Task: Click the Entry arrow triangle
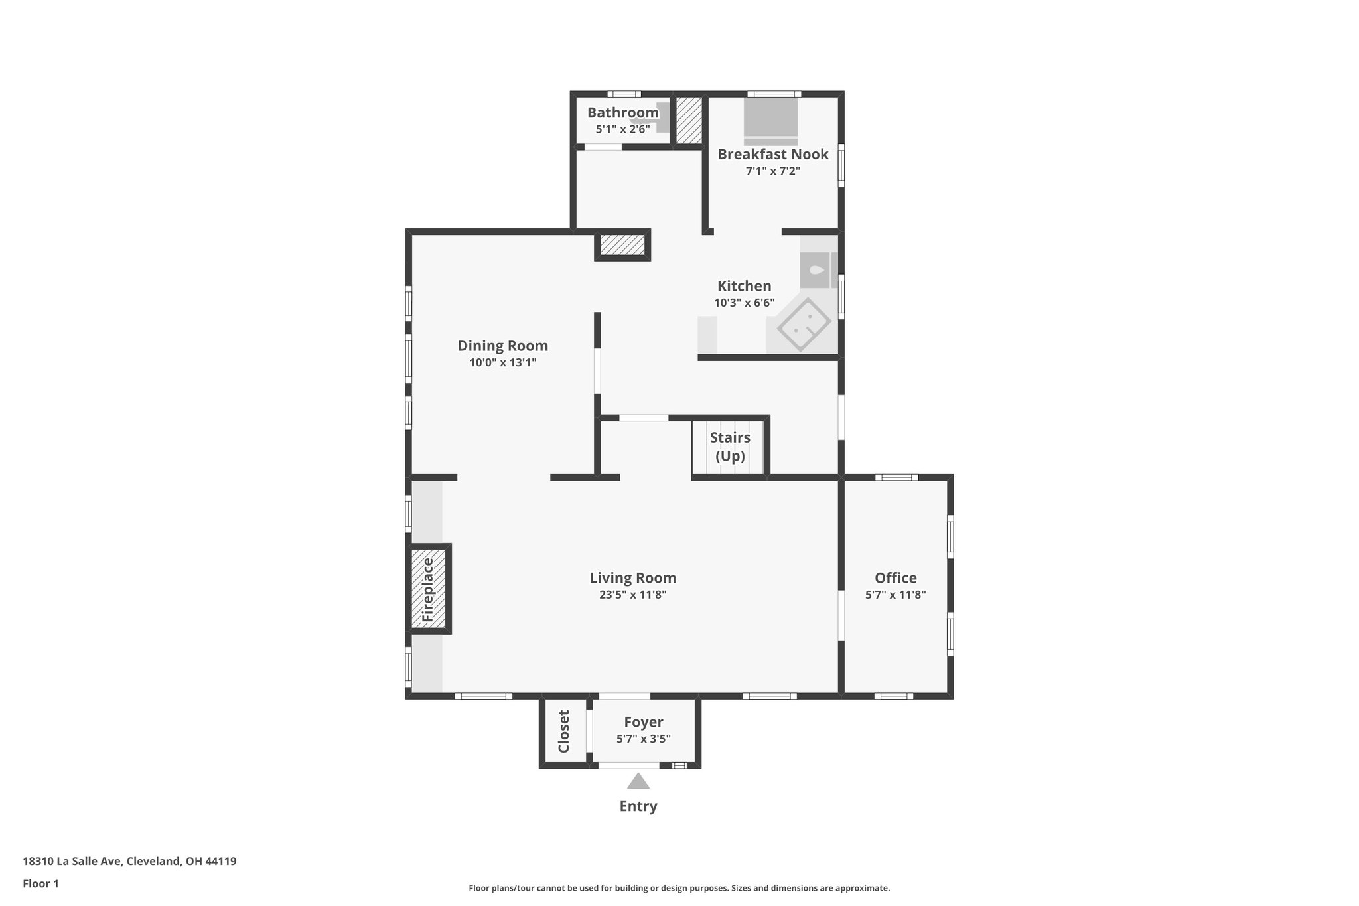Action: [638, 781]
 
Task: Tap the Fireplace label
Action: [428, 590]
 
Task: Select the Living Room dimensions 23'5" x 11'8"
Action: [632, 595]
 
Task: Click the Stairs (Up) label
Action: [730, 447]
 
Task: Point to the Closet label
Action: [564, 731]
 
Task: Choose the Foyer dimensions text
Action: [643, 739]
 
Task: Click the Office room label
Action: [895, 577]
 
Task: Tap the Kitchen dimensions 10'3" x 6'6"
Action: [744, 303]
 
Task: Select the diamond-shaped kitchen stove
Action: [804, 325]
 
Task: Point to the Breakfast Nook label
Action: [772, 154]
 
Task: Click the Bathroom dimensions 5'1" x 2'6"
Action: [622, 129]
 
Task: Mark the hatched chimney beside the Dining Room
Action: [622, 245]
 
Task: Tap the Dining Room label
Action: [502, 345]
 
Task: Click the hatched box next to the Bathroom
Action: [689, 120]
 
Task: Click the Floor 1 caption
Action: [41, 883]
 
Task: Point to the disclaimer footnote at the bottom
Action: [679, 888]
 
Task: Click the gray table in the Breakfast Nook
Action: [770, 117]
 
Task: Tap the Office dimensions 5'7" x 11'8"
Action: [895, 595]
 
